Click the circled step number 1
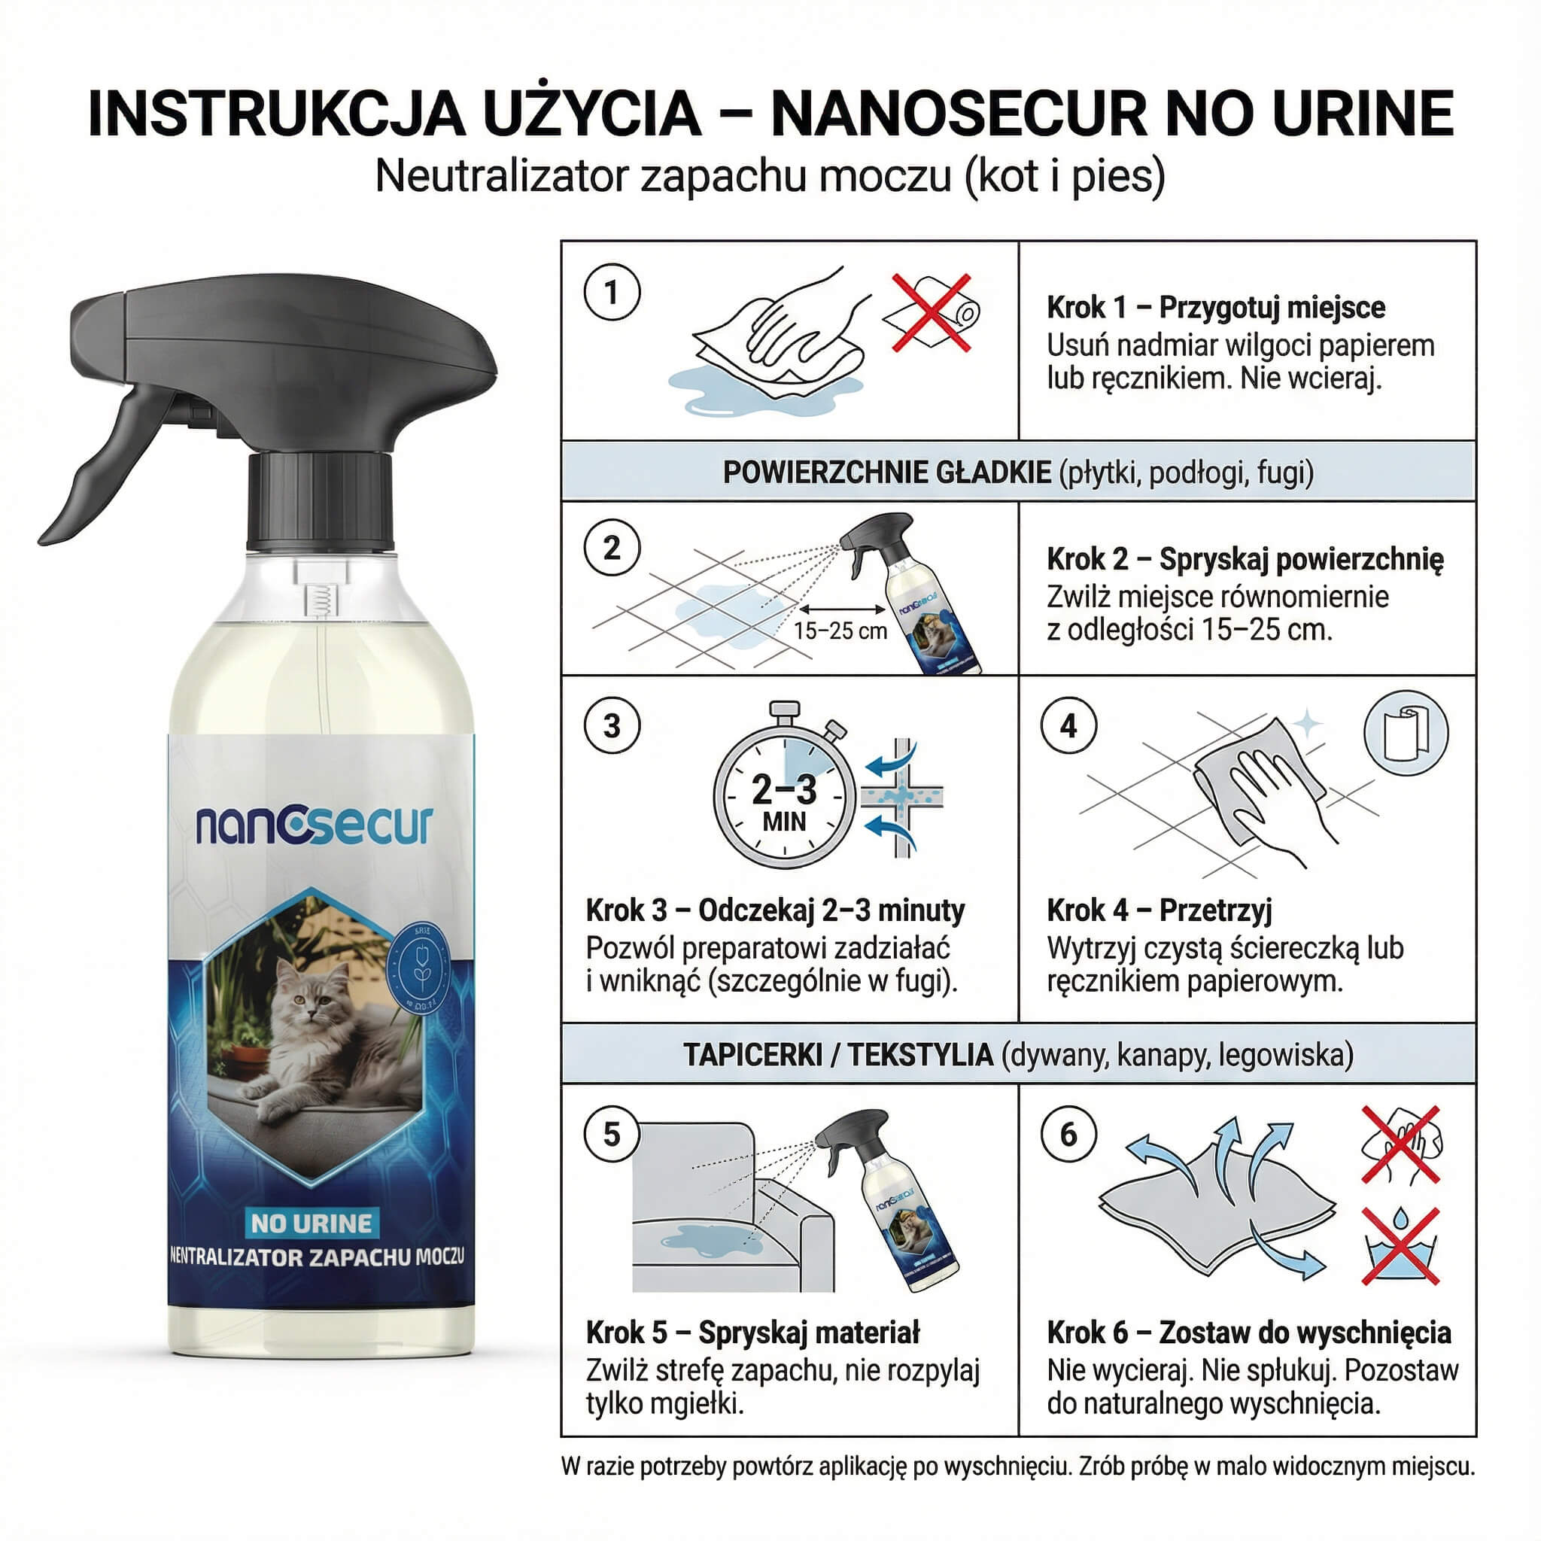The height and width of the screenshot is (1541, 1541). tap(612, 292)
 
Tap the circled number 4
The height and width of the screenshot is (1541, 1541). tap(1068, 726)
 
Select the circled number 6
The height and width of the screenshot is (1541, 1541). tap(1068, 1133)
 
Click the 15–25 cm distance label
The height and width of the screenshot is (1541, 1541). tap(840, 631)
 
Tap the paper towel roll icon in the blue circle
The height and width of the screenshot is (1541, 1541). tap(1406, 733)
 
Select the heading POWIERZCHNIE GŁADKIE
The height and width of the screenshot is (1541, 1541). tap(886, 473)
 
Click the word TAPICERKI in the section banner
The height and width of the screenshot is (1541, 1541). tap(752, 1054)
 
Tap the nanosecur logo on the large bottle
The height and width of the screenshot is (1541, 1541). tap(315, 825)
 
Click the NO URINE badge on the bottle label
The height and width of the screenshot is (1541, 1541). tap(311, 1223)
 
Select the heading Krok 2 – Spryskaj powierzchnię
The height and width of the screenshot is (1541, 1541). tap(1245, 559)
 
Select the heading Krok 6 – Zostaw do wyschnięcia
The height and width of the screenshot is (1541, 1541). tap(1248, 1332)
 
